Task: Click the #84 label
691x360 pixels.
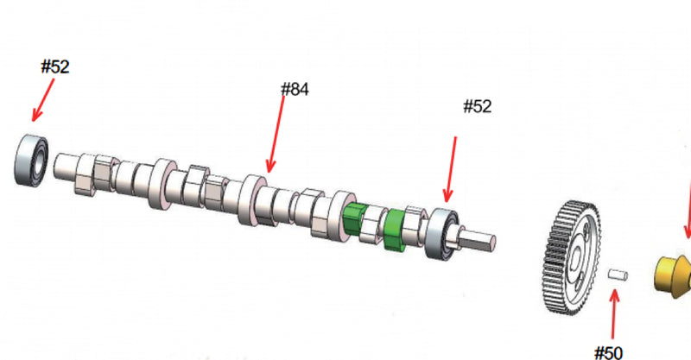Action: (x=295, y=90)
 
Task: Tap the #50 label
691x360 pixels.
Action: (x=609, y=352)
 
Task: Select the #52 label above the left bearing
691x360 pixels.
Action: (x=55, y=67)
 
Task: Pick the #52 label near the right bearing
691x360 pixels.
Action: (x=478, y=107)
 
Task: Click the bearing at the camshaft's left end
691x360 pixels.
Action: (x=31, y=160)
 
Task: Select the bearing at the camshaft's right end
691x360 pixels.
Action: (x=441, y=235)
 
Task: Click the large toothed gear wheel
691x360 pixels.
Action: (x=572, y=258)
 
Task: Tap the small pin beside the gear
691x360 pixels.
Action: (x=618, y=275)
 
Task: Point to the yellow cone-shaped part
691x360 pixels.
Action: (x=673, y=273)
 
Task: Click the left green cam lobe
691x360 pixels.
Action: (x=355, y=218)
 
